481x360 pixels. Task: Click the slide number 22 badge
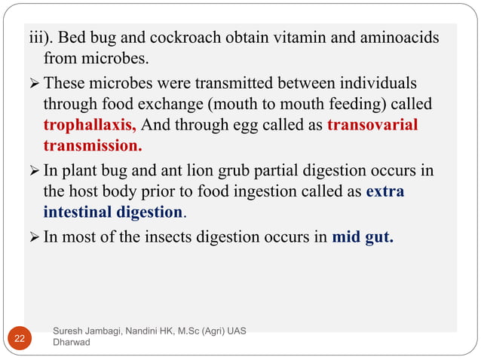[x=18, y=338]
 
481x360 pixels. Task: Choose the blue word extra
[x=384, y=191]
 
